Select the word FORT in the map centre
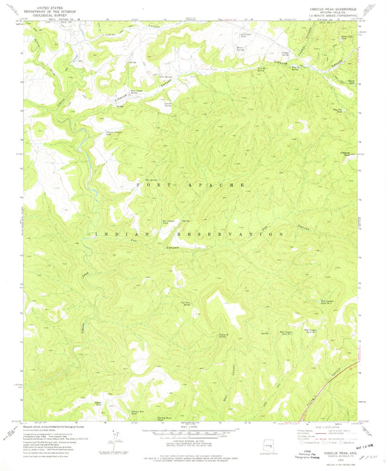151,186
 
